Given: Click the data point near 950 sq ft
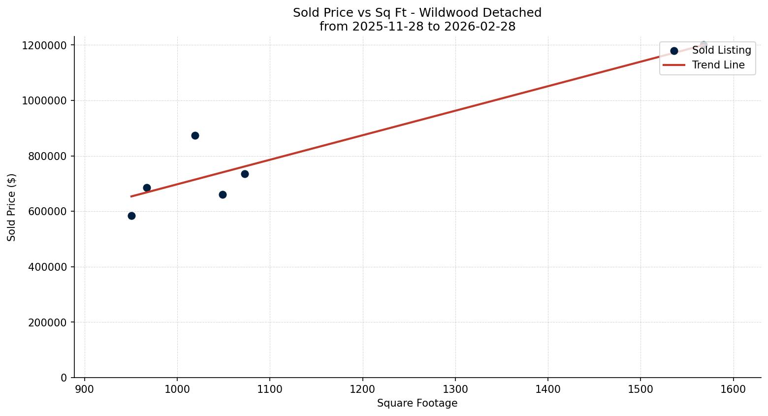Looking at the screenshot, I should tap(131, 216).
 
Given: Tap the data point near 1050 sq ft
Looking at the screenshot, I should tap(223, 194).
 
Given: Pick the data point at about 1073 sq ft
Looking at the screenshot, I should tap(245, 174).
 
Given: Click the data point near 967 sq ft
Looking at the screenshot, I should tap(147, 188).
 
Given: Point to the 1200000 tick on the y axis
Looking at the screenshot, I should tap(44, 45).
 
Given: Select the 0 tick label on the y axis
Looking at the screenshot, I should tap(64, 378).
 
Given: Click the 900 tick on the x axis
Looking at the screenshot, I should tap(85, 389).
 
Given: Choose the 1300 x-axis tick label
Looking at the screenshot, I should tap(455, 389).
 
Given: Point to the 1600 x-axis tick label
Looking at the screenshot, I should tap(734, 389).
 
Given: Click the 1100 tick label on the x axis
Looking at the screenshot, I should tap(270, 389).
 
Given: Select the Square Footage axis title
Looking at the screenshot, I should tap(417, 403).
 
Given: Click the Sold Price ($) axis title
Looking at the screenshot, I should tap(12, 207).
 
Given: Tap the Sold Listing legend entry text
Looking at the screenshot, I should tap(721, 50).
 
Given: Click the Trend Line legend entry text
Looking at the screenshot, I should tap(718, 65).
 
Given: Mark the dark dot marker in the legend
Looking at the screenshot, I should tap(674, 51).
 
